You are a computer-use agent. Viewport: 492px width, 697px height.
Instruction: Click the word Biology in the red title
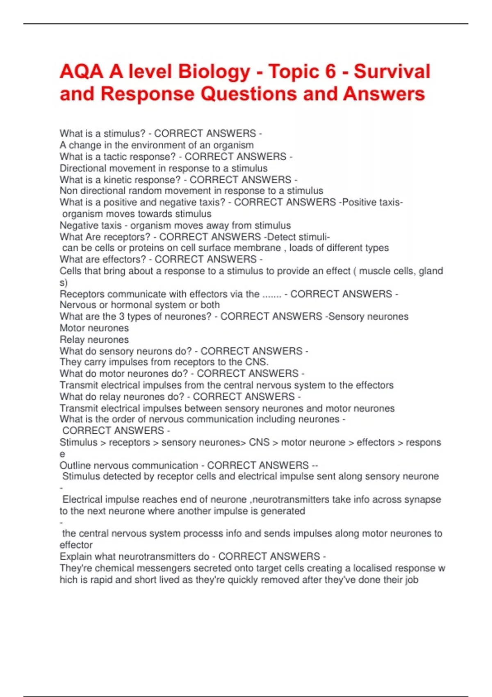[x=214, y=72]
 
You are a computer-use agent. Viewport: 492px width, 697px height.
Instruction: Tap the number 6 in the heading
[x=330, y=72]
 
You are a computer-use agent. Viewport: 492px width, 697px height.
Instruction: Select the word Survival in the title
[x=392, y=72]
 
